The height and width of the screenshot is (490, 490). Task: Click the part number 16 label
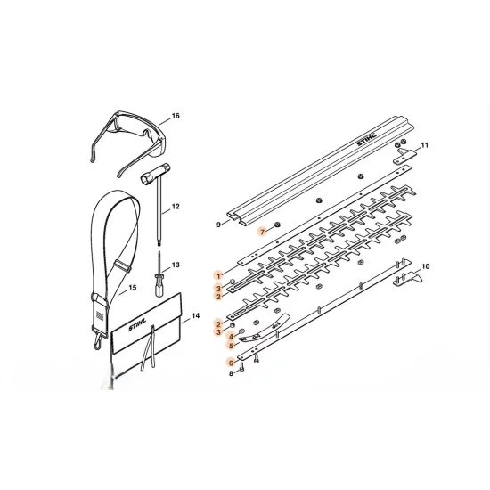tap(176, 117)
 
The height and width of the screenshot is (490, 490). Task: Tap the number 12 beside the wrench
tap(176, 207)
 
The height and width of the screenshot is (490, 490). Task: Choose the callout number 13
tap(176, 265)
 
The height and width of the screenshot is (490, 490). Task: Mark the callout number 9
tap(218, 224)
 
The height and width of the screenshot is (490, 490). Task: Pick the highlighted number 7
tap(263, 231)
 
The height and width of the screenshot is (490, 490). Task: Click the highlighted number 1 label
tap(217, 275)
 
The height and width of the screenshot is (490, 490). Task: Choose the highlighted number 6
tap(230, 363)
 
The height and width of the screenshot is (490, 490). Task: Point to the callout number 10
tap(425, 266)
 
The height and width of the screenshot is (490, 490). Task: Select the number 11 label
tap(425, 145)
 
